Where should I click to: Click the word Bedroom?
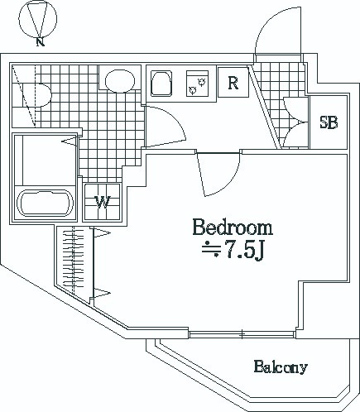pyautogui.click(x=233, y=227)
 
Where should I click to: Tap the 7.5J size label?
pyautogui.click(x=233, y=250)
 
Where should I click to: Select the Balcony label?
pyautogui.click(x=281, y=366)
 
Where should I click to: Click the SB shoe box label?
pyautogui.click(x=329, y=122)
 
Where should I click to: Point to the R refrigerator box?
pyautogui.click(x=233, y=82)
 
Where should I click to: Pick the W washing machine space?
pyautogui.click(x=103, y=202)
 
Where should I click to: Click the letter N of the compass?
pyautogui.click(x=41, y=42)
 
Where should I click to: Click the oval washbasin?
pyautogui.click(x=120, y=80)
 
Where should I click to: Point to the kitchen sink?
pyautogui.click(x=161, y=84)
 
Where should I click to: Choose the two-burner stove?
pyautogui.click(x=197, y=84)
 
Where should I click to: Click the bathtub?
pyautogui.click(x=45, y=203)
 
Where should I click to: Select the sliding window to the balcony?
pyautogui.click(x=242, y=334)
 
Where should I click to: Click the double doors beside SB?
pyautogui.click(x=295, y=122)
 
